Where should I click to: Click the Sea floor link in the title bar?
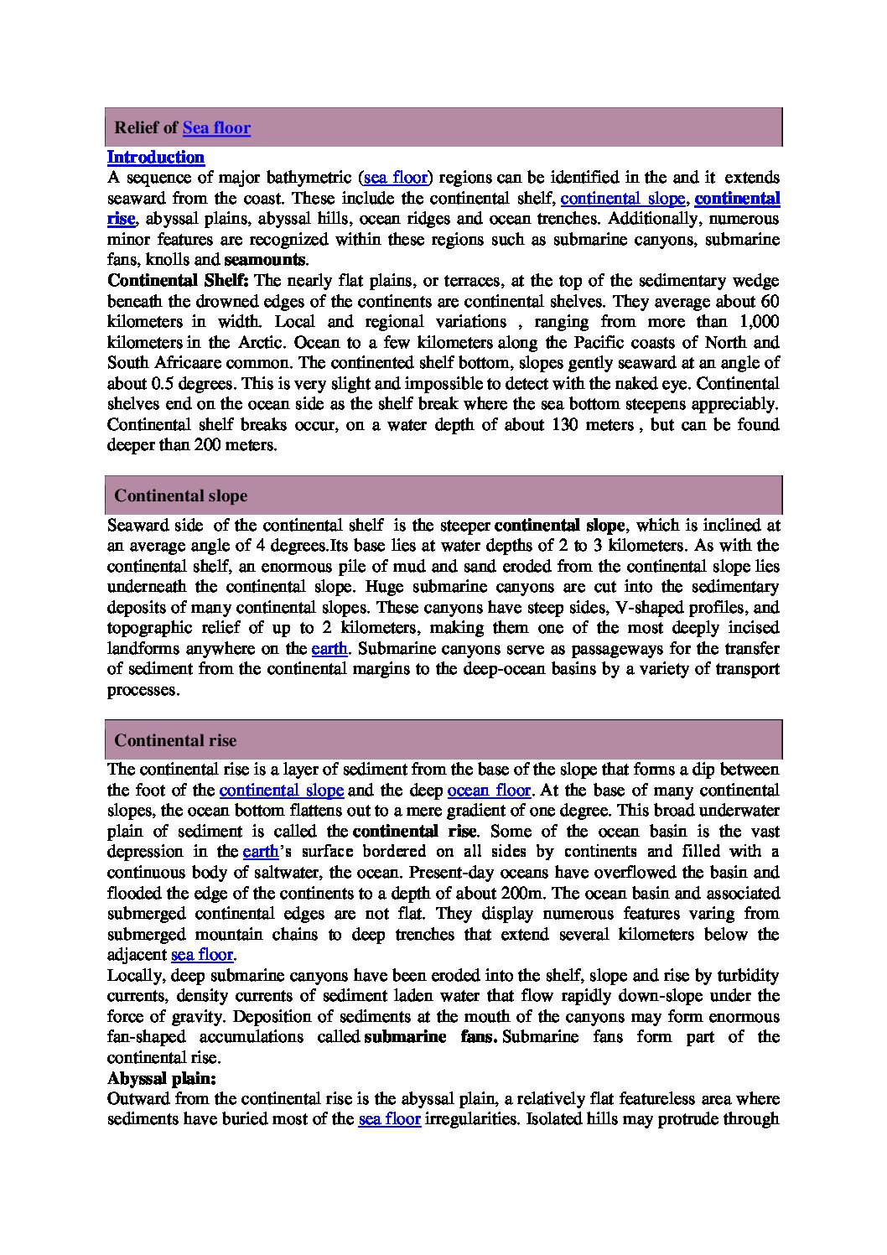click(216, 127)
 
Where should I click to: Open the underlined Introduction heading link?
click(156, 157)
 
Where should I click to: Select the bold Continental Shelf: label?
click(179, 280)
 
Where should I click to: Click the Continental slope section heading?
click(180, 495)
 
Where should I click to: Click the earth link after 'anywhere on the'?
click(329, 648)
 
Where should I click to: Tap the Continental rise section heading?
click(175, 740)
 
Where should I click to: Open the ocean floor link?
click(489, 790)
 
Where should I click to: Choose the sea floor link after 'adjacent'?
click(202, 954)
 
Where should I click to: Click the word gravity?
click(193, 1016)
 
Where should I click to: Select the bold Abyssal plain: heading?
click(162, 1078)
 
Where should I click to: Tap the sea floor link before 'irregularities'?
click(389, 1118)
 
